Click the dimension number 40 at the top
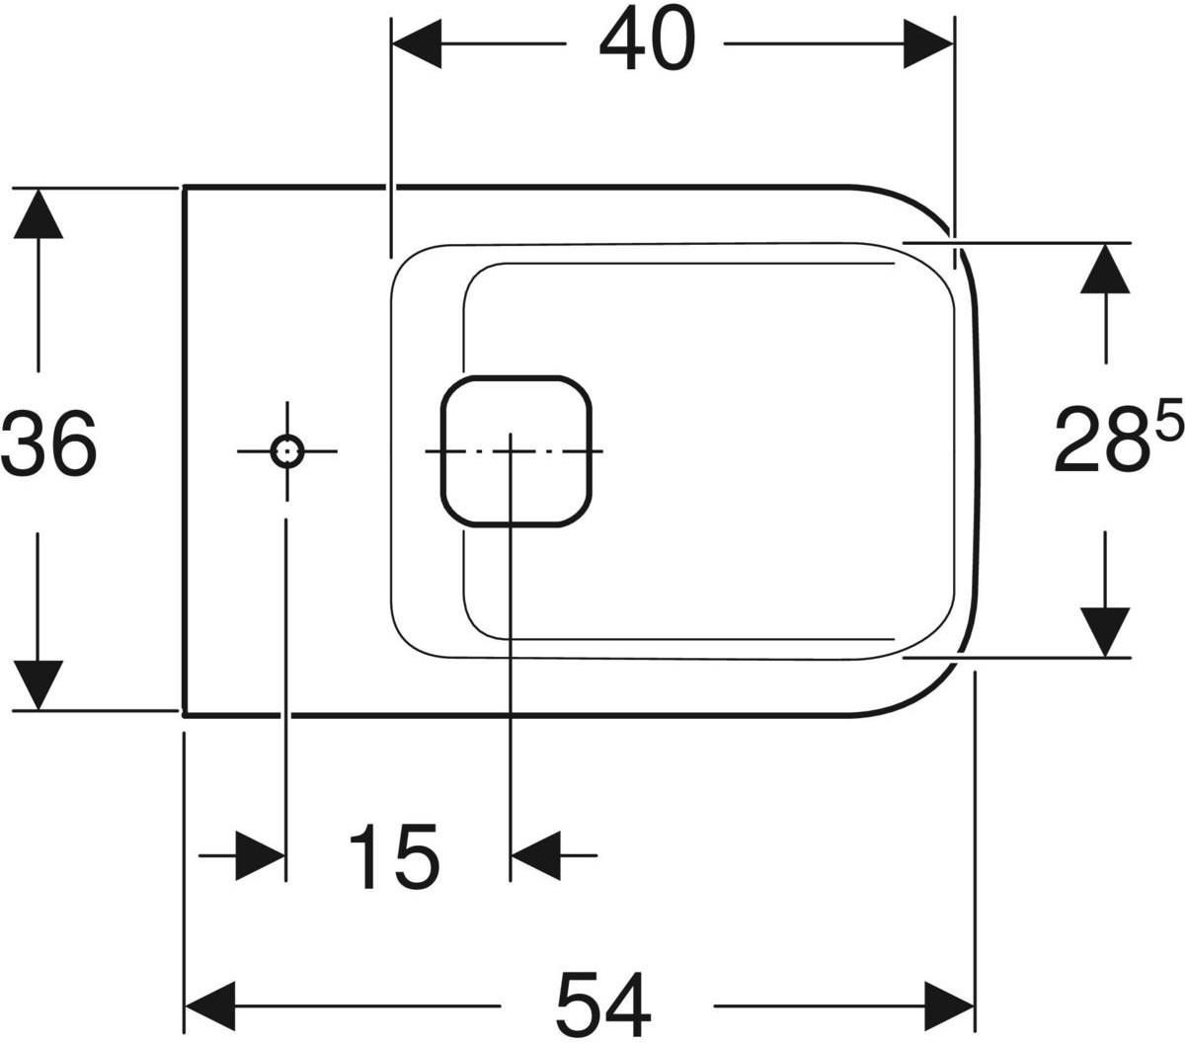tap(648, 38)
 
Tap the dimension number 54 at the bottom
tap(604, 1003)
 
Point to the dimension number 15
tap(393, 857)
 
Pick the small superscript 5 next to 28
tap(1165, 418)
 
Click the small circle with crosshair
tap(287, 451)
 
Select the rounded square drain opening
tap(515, 451)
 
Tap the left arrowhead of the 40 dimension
tap(416, 43)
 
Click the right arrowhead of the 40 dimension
tap(929, 43)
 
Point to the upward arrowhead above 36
tap(38, 213)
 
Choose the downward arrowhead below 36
tap(38, 685)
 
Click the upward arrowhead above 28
tap(1105, 268)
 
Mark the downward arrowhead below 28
tap(1105, 632)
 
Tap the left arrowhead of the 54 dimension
tap(210, 1006)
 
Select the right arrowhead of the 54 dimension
tap(949, 1006)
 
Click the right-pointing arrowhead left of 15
tap(261, 855)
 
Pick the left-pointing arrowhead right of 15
tap(536, 855)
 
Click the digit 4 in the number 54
tap(629, 1003)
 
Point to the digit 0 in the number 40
tap(673, 38)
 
